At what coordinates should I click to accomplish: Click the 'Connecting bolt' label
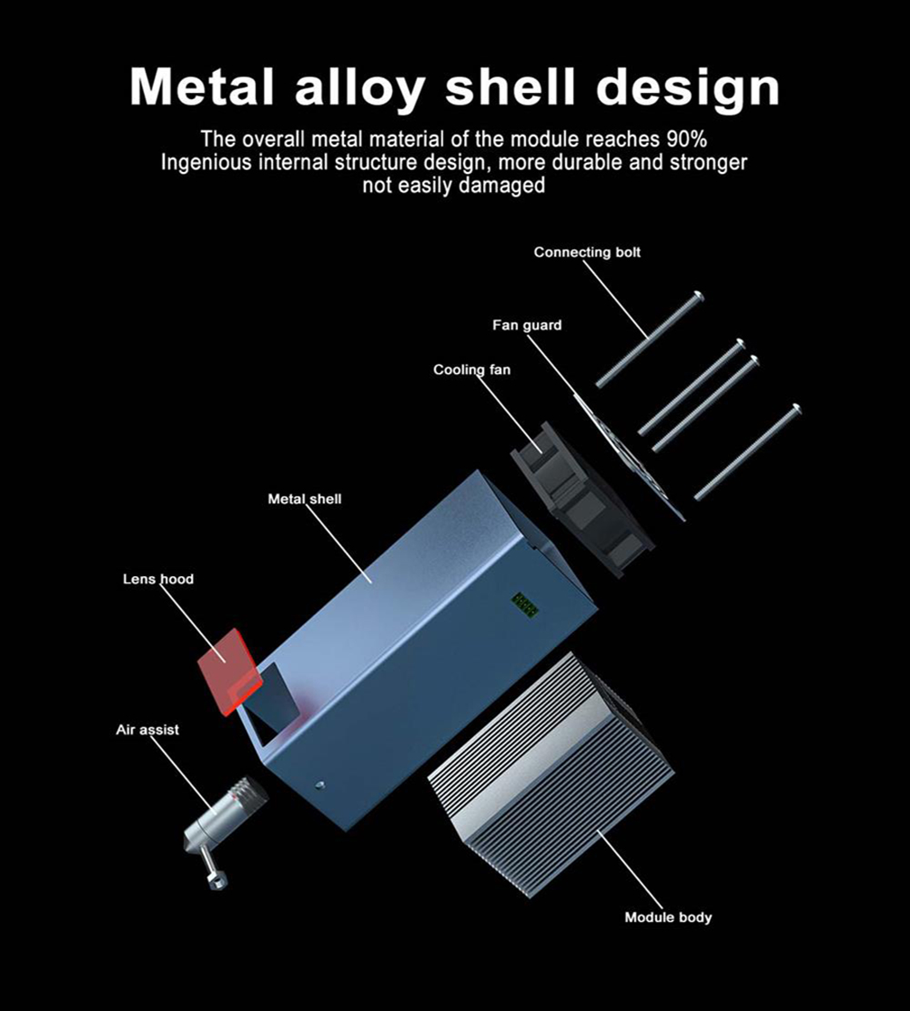tap(587, 252)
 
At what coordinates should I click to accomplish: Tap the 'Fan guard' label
tap(527, 325)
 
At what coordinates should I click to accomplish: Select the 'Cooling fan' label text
tap(471, 369)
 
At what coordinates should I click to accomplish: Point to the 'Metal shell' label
tap(305, 499)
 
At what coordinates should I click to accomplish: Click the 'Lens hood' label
tap(158, 579)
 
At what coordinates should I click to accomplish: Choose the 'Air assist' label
tap(147, 730)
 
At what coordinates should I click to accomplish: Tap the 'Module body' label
tap(668, 917)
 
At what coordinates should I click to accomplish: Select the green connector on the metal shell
tap(524, 602)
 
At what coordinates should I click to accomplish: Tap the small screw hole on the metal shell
tap(319, 784)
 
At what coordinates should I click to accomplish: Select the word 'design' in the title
tap(689, 87)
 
